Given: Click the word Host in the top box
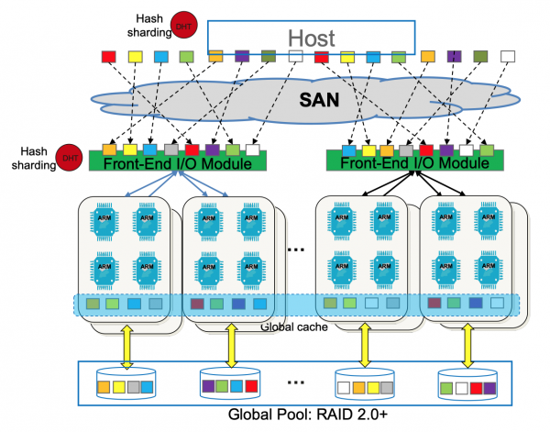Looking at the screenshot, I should click(x=312, y=38).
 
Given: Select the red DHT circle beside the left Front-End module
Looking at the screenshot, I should click(x=67, y=158).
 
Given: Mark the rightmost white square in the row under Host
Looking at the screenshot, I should click(x=508, y=57).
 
